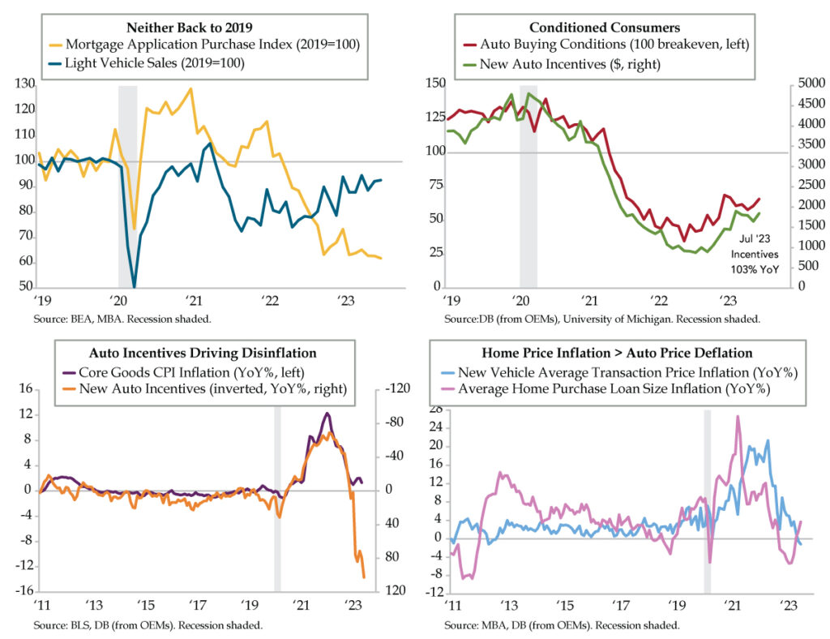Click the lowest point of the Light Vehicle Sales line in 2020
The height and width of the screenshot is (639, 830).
[x=134, y=285]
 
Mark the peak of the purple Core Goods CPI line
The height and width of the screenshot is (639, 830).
[x=327, y=414]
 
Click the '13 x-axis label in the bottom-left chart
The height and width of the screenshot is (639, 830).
[x=94, y=606]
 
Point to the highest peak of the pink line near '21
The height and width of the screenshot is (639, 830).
[x=738, y=417]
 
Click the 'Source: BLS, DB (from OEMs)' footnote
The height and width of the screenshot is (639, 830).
[x=148, y=625]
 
